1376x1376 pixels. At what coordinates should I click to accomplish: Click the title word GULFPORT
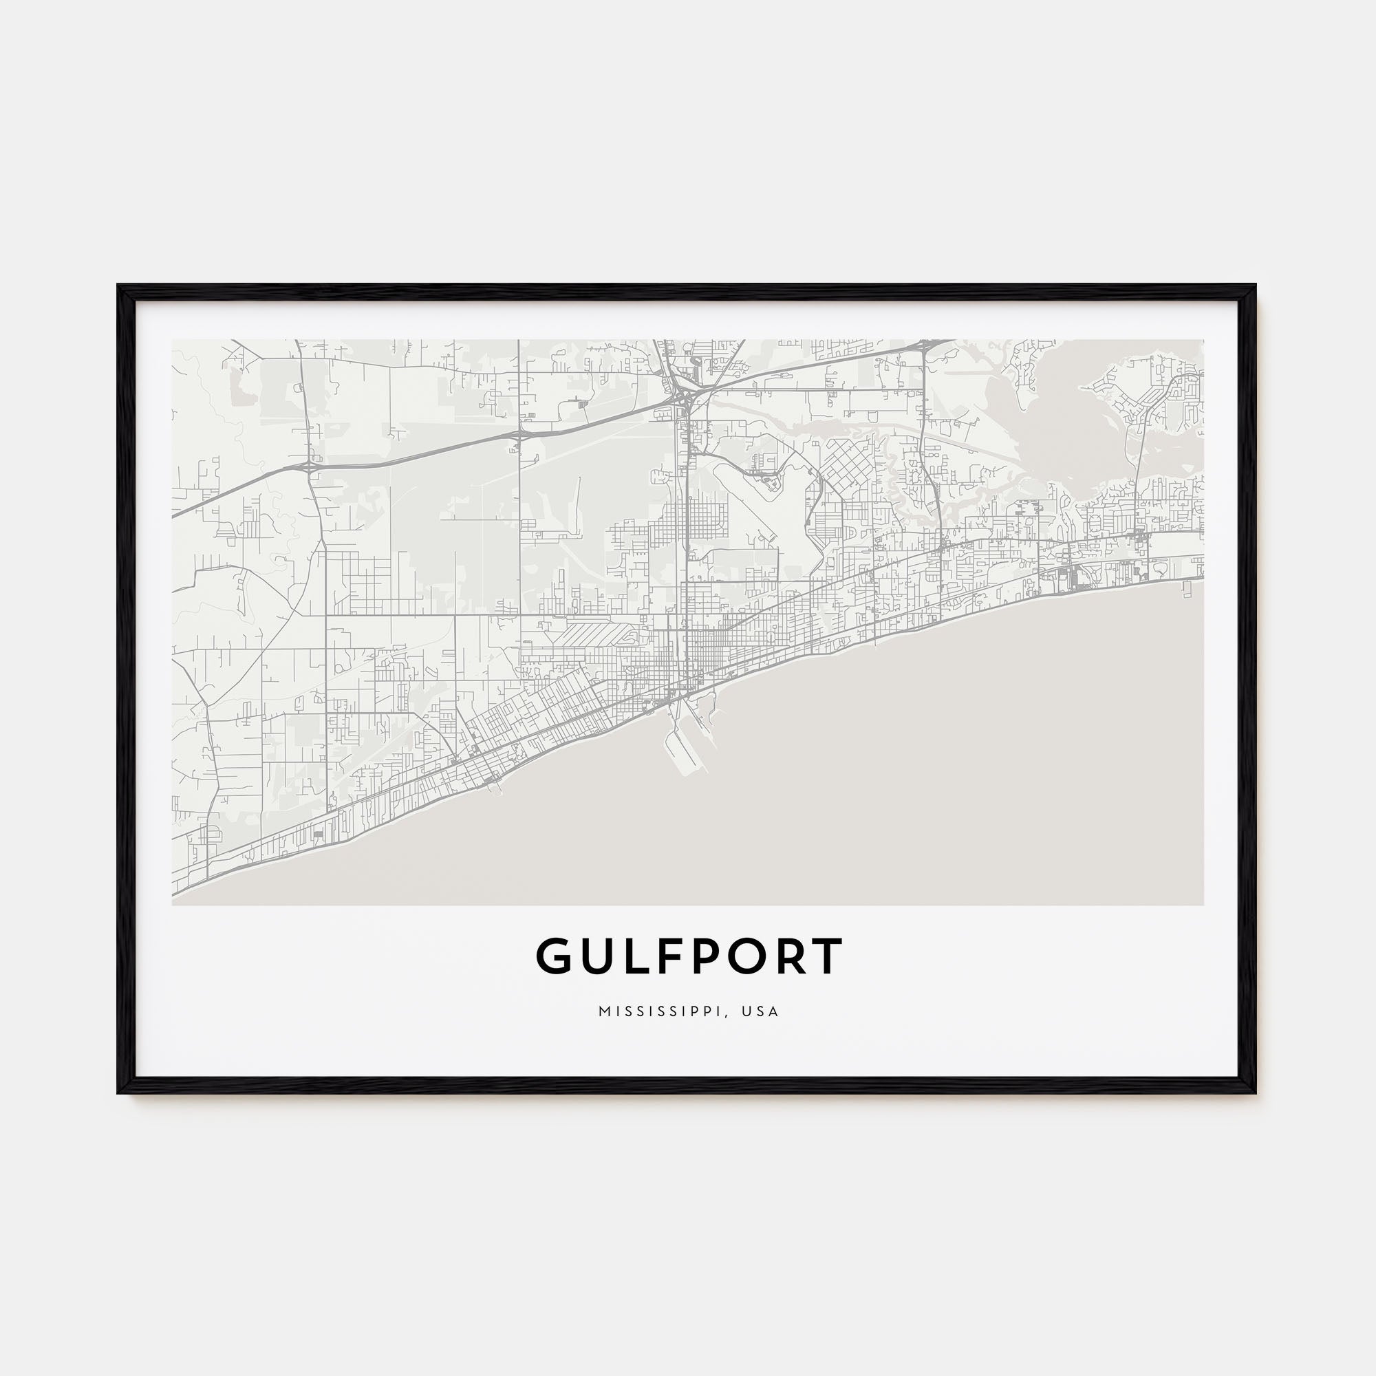coord(689,956)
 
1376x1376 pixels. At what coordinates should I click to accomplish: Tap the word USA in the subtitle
coord(760,1012)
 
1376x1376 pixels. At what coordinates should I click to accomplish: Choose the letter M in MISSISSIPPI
coord(604,1012)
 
